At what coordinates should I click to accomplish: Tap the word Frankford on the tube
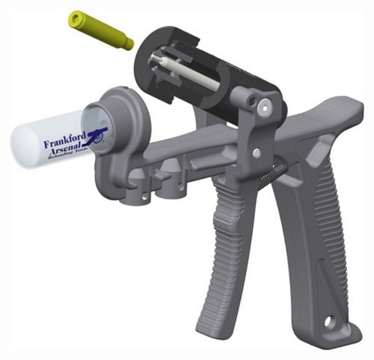pyautogui.click(x=65, y=142)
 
